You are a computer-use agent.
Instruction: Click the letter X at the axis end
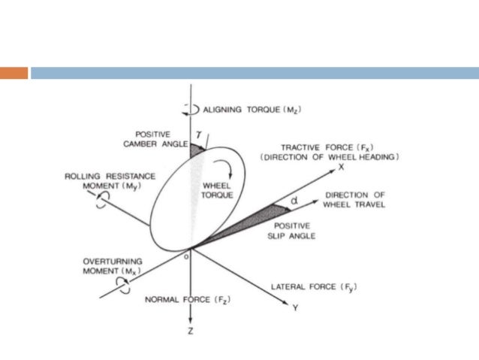coord(340,166)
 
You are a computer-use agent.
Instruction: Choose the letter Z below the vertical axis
coord(192,333)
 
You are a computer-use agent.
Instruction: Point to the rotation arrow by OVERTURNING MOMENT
coord(122,283)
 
